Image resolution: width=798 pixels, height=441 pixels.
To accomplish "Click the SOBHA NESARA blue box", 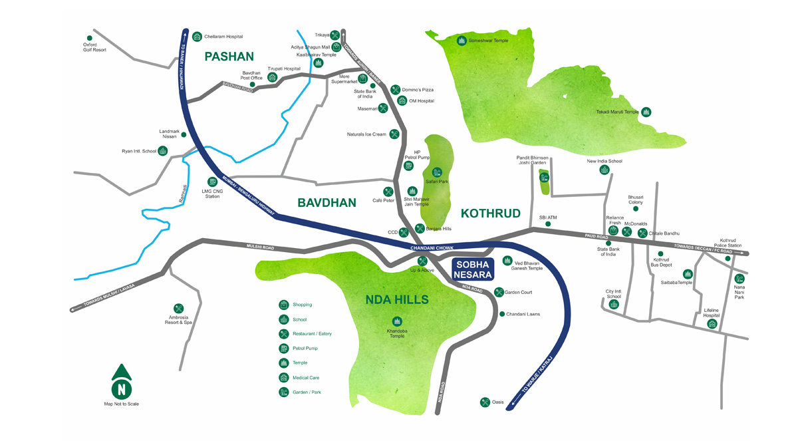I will click(473, 269).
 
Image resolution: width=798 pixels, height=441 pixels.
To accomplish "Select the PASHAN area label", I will click(229, 57).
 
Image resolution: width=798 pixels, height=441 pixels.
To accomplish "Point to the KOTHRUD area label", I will click(491, 214).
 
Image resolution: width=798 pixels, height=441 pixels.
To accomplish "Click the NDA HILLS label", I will click(397, 300).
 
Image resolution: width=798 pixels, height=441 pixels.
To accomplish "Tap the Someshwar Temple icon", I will click(462, 41).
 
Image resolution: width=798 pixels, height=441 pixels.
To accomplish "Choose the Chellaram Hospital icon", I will click(197, 37).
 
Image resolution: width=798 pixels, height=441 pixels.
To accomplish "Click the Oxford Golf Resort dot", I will click(90, 38).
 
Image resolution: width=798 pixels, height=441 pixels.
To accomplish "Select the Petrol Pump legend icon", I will click(284, 349).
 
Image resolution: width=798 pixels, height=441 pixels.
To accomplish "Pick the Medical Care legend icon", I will click(284, 378).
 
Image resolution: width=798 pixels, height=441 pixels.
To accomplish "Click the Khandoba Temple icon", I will click(397, 322).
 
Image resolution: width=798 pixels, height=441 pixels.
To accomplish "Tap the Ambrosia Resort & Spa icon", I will click(178, 309).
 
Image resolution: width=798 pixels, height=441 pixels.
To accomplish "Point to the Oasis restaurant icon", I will click(485, 402).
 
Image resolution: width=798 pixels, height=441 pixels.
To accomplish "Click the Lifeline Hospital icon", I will click(712, 324).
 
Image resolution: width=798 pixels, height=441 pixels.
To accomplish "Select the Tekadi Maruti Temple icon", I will click(646, 112).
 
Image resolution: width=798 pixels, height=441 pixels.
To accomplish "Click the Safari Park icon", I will click(437, 173).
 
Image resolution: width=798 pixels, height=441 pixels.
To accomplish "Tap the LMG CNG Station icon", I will click(212, 182).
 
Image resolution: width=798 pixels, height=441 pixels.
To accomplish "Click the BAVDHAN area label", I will click(327, 202).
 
